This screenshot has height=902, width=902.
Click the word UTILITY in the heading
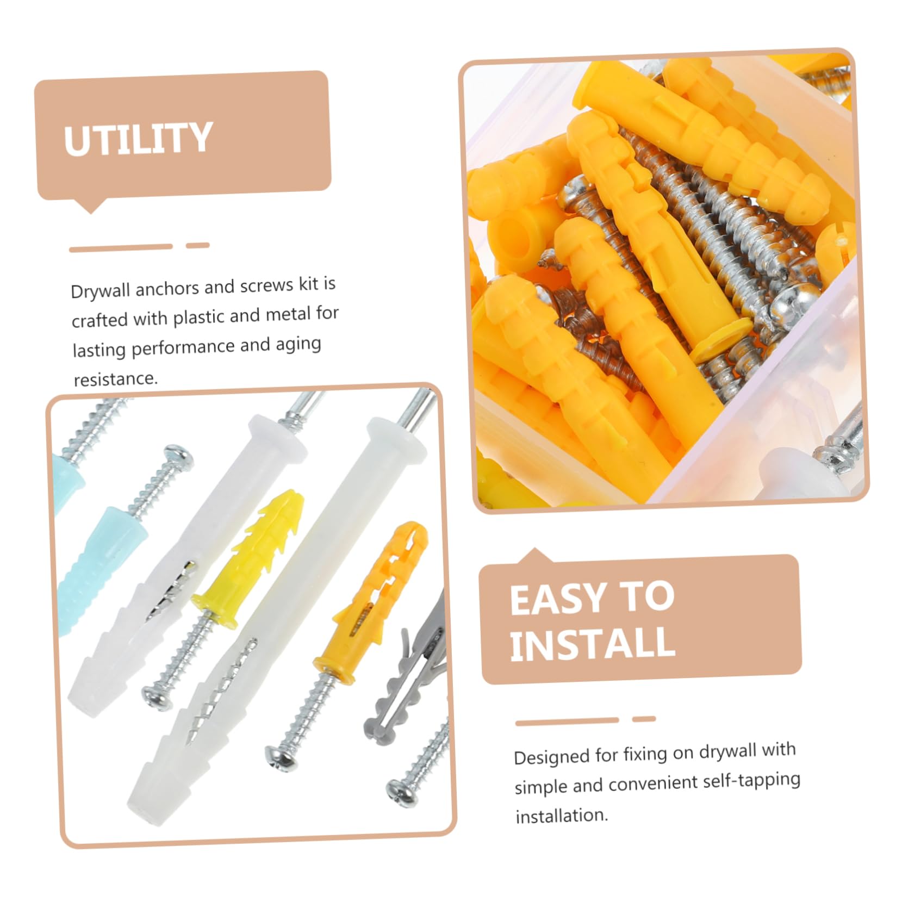point(138,139)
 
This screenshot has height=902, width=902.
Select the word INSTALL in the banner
point(592,644)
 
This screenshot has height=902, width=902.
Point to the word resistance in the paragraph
point(115,378)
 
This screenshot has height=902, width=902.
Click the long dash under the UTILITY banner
point(121,248)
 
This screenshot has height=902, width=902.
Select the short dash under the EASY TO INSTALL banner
point(644,719)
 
